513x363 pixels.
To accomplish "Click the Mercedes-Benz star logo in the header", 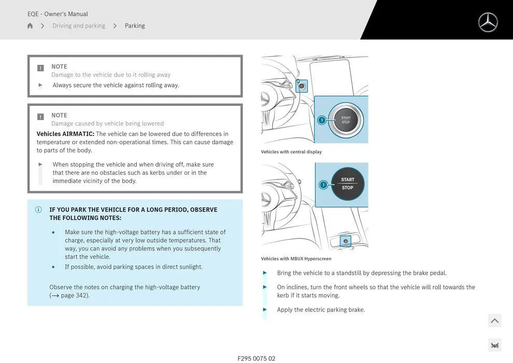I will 488,22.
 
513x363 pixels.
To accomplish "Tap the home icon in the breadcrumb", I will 30,26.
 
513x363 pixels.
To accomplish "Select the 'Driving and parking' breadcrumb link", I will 79,26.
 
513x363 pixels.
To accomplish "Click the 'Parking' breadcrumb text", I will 135,26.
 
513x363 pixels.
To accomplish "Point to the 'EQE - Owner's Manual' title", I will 58,14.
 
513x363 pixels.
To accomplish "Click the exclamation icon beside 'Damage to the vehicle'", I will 40,68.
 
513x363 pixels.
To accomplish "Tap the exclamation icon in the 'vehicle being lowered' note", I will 40,117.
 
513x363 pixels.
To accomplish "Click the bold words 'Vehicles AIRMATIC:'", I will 65,134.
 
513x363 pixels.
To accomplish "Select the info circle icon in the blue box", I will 38,210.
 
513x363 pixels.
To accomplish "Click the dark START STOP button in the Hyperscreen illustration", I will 348,184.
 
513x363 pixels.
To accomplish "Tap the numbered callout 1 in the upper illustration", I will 321,120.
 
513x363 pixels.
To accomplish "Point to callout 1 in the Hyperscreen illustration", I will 323,185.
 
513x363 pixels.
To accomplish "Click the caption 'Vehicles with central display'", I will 291,152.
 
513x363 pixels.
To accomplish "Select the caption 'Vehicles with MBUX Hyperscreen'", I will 296,259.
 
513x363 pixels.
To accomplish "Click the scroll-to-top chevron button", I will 494,321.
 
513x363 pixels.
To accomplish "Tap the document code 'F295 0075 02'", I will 256,358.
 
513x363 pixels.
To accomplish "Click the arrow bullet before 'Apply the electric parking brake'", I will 265,310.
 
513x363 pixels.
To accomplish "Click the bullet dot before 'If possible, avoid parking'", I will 53,267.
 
